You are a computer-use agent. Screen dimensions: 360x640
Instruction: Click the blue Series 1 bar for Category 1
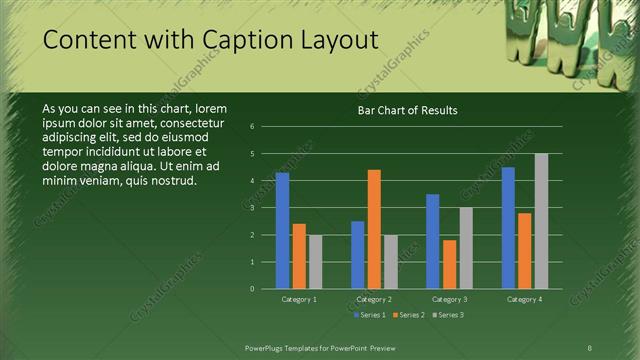pyautogui.click(x=282, y=231)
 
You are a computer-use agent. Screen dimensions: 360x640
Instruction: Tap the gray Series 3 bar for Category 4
pyautogui.click(x=541, y=221)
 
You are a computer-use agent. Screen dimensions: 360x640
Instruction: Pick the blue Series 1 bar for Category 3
pyautogui.click(x=432, y=241)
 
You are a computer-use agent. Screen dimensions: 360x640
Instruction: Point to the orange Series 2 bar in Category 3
pyautogui.click(x=449, y=264)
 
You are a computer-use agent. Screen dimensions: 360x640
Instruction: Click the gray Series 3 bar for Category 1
pyautogui.click(x=315, y=262)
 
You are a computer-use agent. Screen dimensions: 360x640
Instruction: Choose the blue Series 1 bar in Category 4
pyautogui.click(x=508, y=228)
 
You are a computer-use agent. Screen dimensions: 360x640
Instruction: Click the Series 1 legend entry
pyautogui.click(x=371, y=315)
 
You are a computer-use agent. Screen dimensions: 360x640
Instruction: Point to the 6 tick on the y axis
pyautogui.click(x=253, y=127)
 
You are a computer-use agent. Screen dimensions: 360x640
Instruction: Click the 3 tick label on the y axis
pyautogui.click(x=253, y=208)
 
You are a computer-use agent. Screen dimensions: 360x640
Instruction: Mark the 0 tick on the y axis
pyautogui.click(x=253, y=289)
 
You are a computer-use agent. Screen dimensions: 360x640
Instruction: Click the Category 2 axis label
pyautogui.click(x=374, y=299)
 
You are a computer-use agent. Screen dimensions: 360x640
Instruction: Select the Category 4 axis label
pyautogui.click(x=524, y=299)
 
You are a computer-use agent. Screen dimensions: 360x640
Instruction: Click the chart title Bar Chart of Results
pyautogui.click(x=408, y=110)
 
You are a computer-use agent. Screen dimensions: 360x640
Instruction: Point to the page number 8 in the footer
pyautogui.click(x=590, y=346)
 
